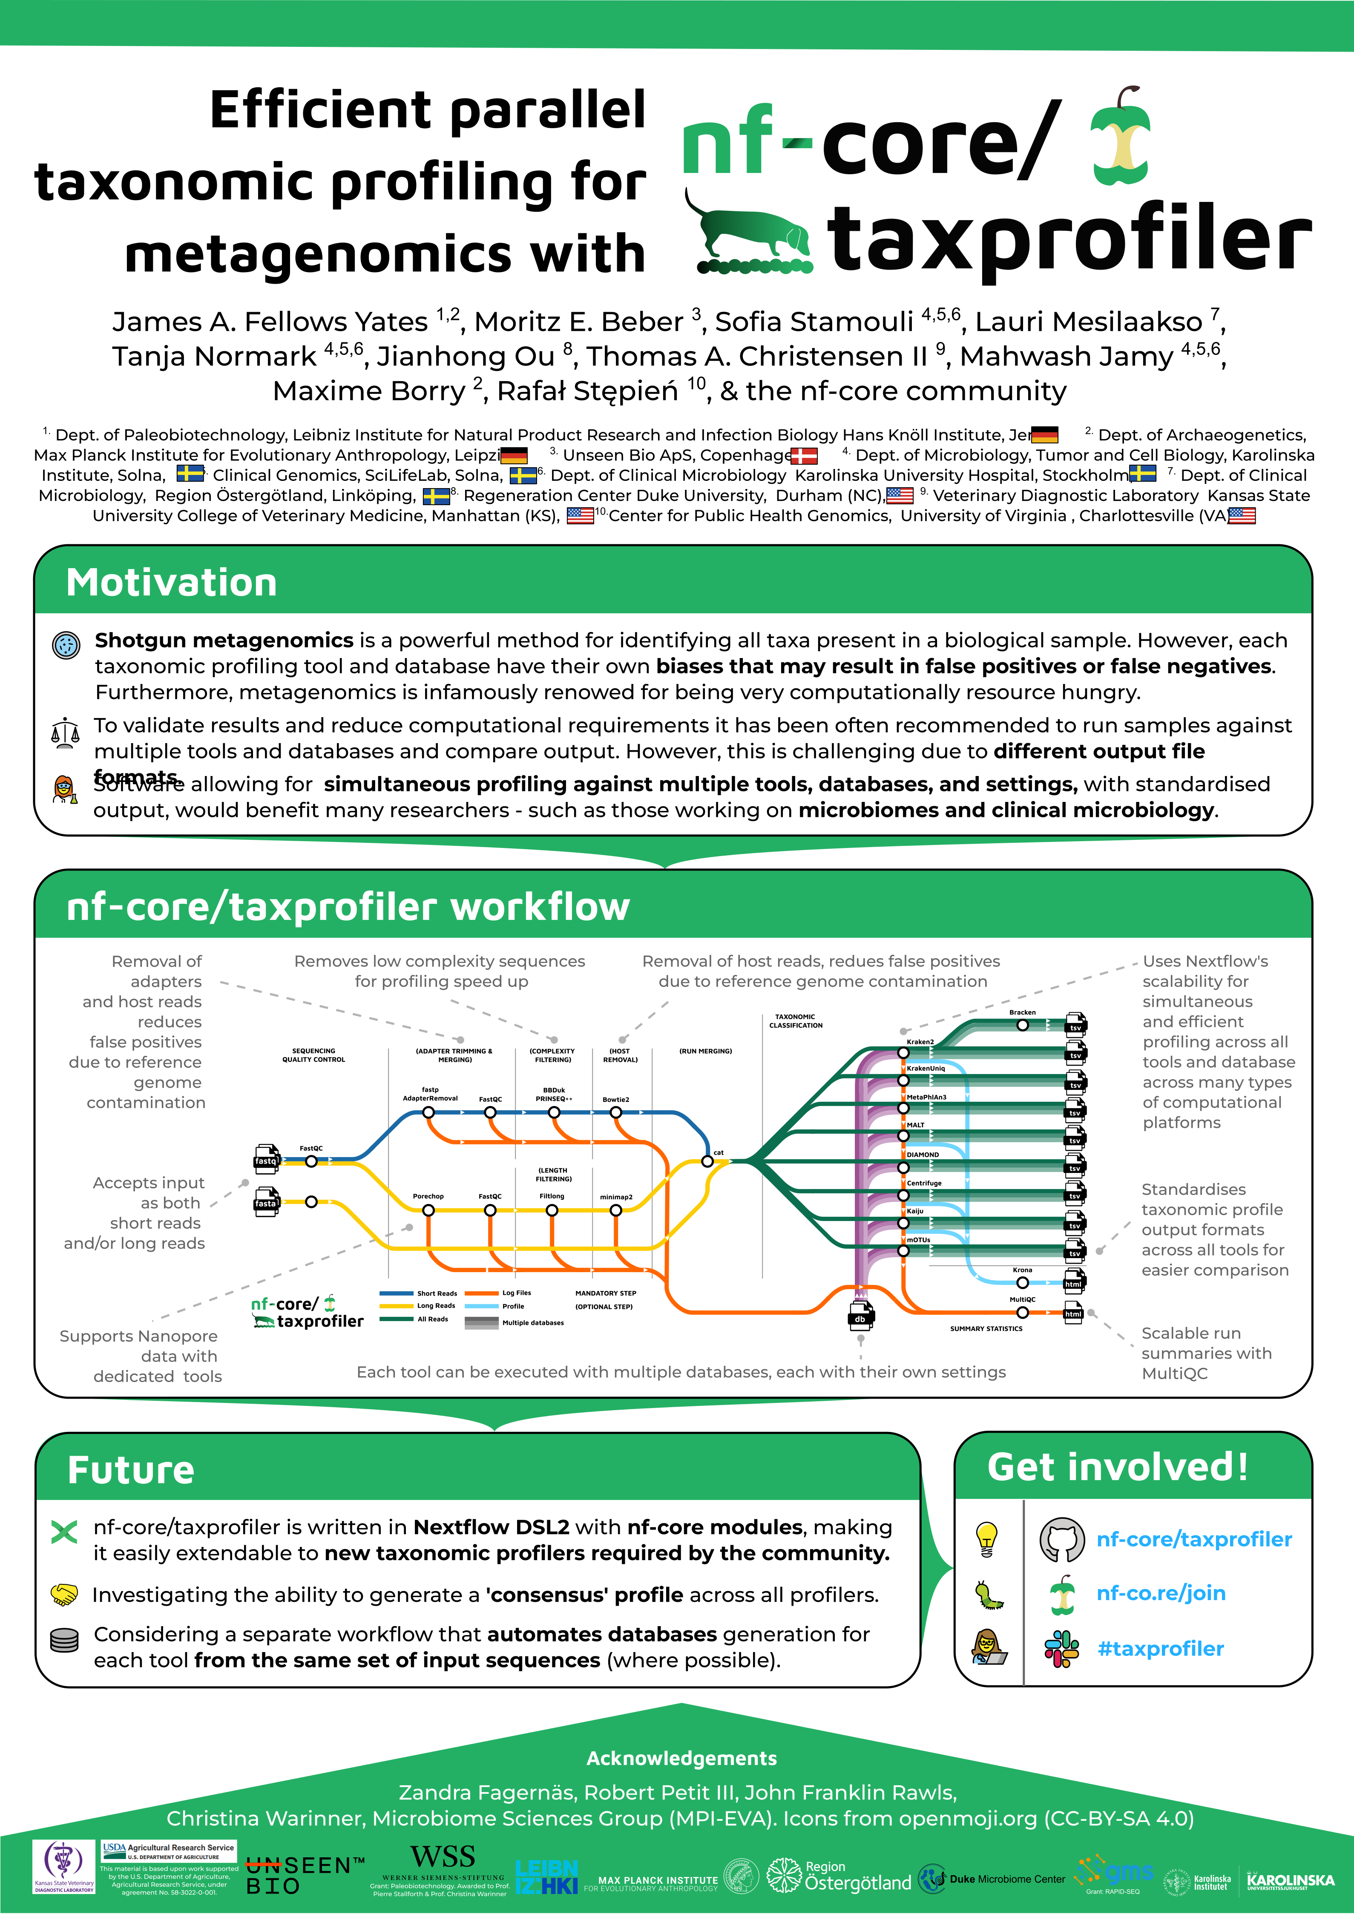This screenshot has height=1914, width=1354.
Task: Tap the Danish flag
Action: coord(804,456)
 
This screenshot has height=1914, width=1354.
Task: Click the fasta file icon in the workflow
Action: coord(266,1201)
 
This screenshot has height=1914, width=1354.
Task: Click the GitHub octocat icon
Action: coord(1062,1540)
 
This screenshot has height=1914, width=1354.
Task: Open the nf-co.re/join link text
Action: coord(1161,1593)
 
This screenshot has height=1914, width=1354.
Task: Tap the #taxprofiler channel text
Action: coord(1161,1649)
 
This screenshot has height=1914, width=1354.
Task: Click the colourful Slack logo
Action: coord(1061,1649)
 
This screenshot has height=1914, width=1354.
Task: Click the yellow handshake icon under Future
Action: coord(64,1595)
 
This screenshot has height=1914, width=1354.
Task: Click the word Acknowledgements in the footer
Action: coord(681,1758)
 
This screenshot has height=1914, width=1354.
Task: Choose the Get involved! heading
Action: coord(1117,1467)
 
